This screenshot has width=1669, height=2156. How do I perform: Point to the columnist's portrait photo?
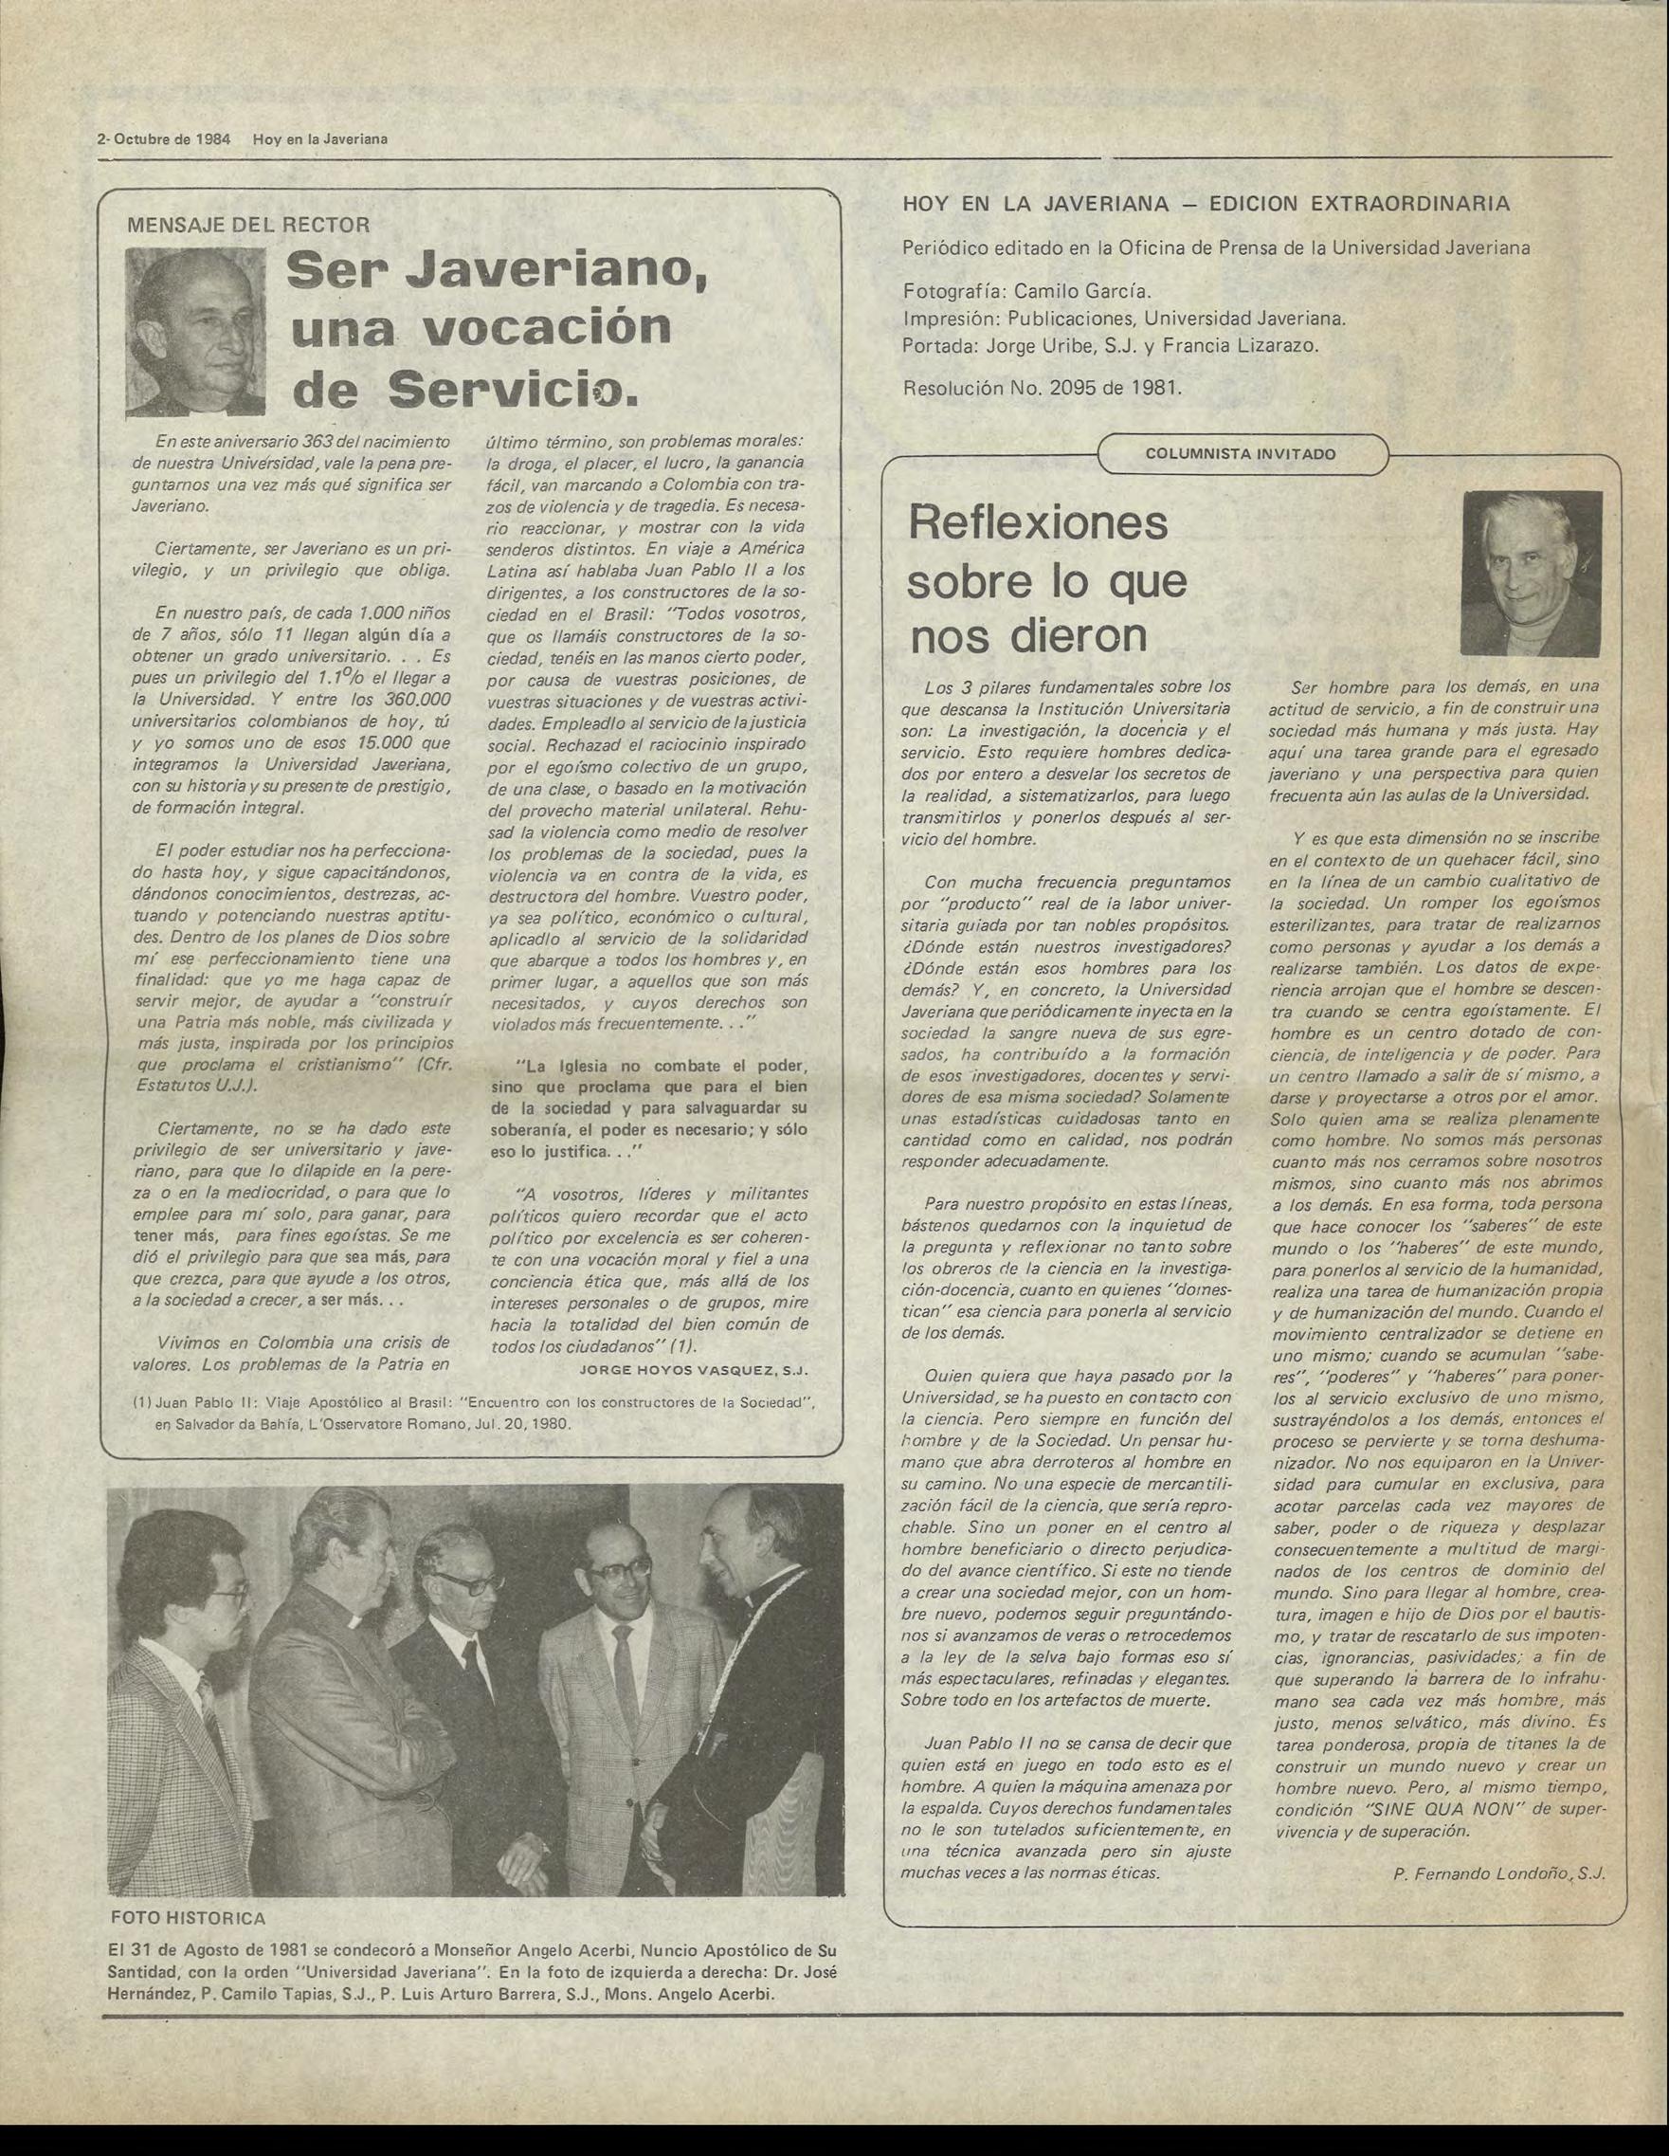(x=1531, y=573)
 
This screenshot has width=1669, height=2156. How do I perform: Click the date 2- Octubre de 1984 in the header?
(x=163, y=139)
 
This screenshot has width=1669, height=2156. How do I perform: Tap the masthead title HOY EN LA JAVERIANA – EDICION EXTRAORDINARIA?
(x=1206, y=205)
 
